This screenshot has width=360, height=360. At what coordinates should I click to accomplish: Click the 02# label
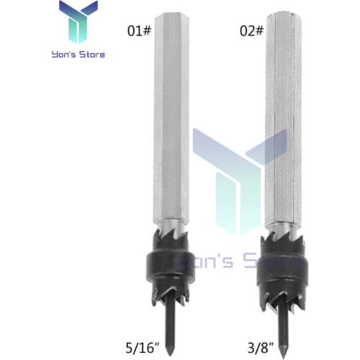tap(253, 32)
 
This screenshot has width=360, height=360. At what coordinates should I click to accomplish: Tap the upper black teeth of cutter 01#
tap(171, 240)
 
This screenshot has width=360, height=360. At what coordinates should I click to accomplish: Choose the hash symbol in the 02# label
tap(262, 32)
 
